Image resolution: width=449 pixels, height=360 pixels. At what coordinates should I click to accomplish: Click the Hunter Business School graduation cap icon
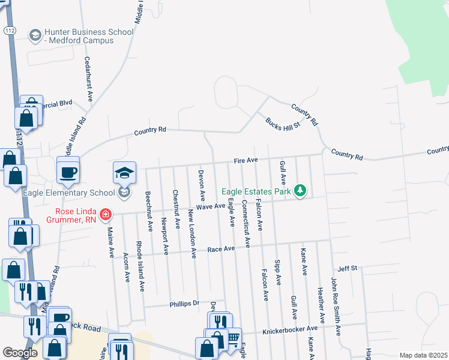(35, 35)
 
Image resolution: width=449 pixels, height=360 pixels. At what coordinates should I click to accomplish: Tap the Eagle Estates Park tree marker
(300, 191)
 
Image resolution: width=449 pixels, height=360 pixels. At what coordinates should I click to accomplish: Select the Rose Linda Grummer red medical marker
(106, 214)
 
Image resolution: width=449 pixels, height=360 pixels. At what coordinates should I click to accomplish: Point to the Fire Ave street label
(246, 160)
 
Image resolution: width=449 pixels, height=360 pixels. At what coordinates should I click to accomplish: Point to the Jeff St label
(348, 268)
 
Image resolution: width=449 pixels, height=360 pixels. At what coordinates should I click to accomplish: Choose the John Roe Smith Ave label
(336, 305)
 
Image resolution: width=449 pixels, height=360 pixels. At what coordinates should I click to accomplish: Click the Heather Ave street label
(321, 305)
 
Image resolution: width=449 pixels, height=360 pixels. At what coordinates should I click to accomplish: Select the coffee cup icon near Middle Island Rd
(68, 172)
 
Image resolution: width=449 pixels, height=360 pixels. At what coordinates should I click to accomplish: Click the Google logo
(20, 353)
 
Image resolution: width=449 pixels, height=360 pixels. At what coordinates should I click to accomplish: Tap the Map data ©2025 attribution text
(423, 355)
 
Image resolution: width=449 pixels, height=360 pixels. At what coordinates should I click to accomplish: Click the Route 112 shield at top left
(10, 29)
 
